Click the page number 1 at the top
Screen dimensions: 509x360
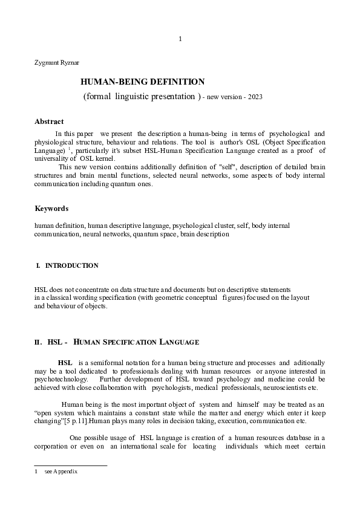pyautogui.click(x=180, y=39)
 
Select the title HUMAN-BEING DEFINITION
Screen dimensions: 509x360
pyautogui.click(x=143, y=82)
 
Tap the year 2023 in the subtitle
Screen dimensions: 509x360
pyautogui.click(x=254, y=97)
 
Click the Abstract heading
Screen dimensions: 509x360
pyautogui.click(x=49, y=122)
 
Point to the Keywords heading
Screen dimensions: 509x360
pyautogui.click(x=51, y=209)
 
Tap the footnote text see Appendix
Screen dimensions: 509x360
pyautogui.click(x=61, y=471)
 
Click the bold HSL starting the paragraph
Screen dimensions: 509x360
pyautogui.click(x=65, y=362)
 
